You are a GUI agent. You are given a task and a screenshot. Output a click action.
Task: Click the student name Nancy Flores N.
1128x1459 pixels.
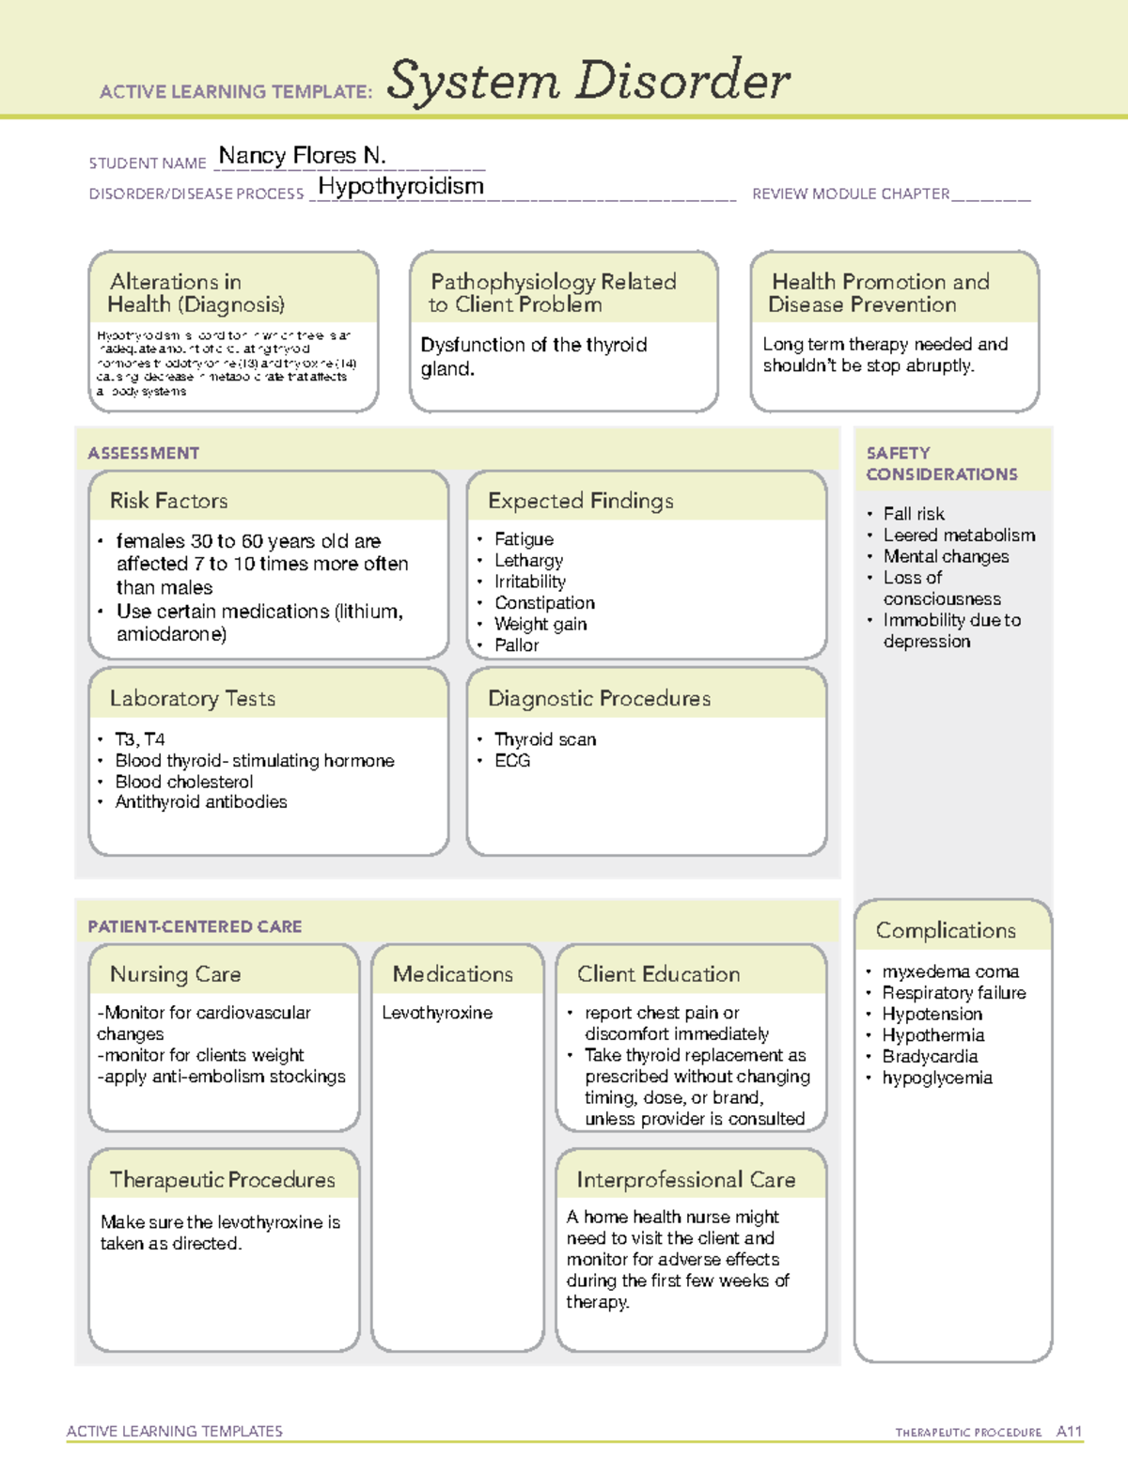click(x=302, y=155)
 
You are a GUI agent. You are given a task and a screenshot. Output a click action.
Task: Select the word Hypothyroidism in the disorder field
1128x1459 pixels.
click(x=400, y=186)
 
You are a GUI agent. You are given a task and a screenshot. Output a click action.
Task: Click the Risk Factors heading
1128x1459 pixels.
click(x=168, y=501)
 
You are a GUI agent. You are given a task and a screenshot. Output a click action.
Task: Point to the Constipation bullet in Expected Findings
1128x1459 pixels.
click(x=544, y=603)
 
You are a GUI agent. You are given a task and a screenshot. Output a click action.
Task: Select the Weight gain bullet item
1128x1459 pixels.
click(x=540, y=624)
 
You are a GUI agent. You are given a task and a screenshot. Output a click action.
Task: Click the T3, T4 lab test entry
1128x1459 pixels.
click(x=139, y=739)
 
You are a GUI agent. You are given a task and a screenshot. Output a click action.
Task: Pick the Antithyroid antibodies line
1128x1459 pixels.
click(x=201, y=802)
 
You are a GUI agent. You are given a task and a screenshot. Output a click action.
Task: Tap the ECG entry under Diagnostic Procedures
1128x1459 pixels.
click(x=512, y=761)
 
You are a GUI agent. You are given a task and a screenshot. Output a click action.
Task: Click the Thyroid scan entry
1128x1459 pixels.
click(x=545, y=739)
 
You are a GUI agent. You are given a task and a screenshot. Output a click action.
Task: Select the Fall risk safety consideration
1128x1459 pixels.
click(x=914, y=514)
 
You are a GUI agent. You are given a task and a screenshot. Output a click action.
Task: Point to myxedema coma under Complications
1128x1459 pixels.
click(x=950, y=971)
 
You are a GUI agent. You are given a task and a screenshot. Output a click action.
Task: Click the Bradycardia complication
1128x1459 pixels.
click(x=930, y=1057)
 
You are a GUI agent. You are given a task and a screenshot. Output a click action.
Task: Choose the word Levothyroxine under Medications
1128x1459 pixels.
click(x=437, y=1013)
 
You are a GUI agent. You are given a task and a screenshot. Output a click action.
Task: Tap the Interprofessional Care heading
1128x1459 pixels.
click(x=685, y=1180)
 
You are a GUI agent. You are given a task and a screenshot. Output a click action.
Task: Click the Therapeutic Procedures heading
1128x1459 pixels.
click(x=222, y=1180)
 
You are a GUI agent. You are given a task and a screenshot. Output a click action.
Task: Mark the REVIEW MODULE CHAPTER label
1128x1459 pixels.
click(x=851, y=194)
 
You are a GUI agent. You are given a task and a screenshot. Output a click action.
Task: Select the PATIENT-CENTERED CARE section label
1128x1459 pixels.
click(x=195, y=926)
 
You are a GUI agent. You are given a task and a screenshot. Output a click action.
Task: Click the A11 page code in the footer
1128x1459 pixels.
click(x=1069, y=1432)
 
